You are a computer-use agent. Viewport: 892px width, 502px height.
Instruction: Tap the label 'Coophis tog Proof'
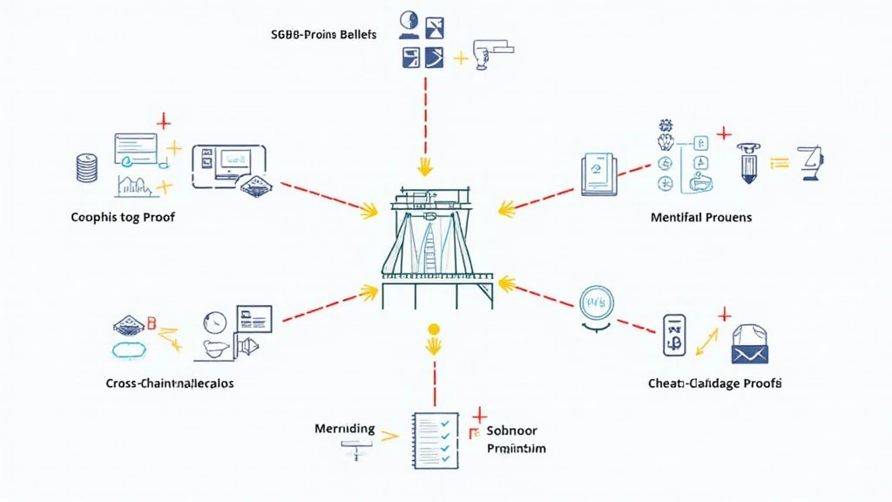click(x=123, y=216)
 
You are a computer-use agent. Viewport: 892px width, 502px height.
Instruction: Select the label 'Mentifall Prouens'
click(x=701, y=216)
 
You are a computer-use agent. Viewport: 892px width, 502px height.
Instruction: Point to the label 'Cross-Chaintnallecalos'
click(x=170, y=383)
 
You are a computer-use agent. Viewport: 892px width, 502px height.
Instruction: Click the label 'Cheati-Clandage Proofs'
click(x=714, y=383)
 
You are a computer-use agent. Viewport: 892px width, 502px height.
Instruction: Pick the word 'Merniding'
click(x=345, y=429)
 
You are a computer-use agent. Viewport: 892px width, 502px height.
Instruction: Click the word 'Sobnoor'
click(x=513, y=431)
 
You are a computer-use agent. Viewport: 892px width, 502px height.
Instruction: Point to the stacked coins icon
click(x=85, y=168)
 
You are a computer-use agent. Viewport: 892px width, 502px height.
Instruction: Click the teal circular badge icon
click(x=598, y=302)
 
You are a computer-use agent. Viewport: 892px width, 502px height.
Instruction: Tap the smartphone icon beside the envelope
click(x=674, y=336)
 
